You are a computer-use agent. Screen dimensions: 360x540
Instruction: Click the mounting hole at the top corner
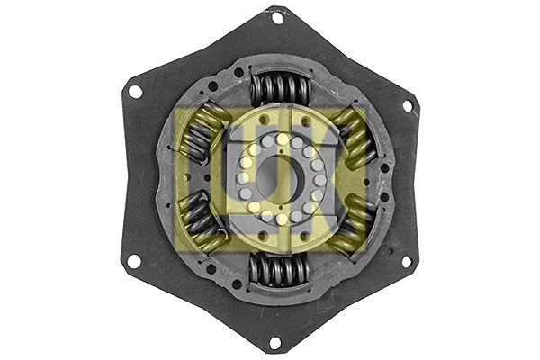click(x=276, y=16)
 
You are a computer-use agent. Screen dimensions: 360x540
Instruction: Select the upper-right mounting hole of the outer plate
click(x=407, y=105)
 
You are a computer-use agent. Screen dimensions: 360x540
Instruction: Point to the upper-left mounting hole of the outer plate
click(x=135, y=92)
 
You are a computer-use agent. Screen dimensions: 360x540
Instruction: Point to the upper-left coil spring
click(x=200, y=135)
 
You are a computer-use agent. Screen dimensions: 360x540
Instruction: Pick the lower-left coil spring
click(x=200, y=221)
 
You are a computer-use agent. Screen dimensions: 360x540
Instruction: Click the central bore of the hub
click(x=278, y=178)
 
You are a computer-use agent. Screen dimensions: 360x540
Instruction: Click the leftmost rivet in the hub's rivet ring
click(x=240, y=178)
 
